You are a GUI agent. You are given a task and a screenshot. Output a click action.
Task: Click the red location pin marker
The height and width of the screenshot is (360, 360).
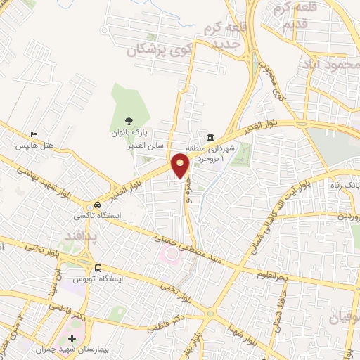[181, 165]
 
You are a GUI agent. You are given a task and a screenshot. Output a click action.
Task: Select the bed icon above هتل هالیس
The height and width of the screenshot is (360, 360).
[35, 134]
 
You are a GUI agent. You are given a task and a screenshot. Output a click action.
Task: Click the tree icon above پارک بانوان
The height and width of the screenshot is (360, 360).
[127, 120]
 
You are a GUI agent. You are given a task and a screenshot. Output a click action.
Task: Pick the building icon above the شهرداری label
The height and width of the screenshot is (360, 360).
[211, 136]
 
